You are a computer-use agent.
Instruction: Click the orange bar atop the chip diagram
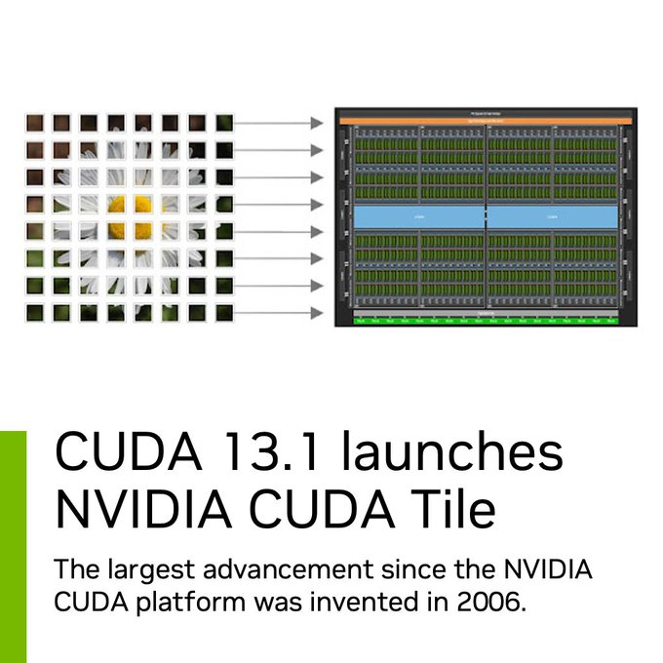[x=486, y=120]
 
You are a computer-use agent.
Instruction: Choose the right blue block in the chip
[x=552, y=215]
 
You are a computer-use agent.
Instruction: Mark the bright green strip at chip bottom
[x=486, y=319]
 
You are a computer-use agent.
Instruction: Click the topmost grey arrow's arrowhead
[x=316, y=123]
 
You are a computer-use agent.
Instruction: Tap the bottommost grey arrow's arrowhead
[x=316, y=313]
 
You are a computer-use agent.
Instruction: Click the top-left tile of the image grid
[x=35, y=123]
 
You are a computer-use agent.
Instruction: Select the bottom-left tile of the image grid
[x=35, y=313]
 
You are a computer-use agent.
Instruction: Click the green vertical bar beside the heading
[x=13, y=546]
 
